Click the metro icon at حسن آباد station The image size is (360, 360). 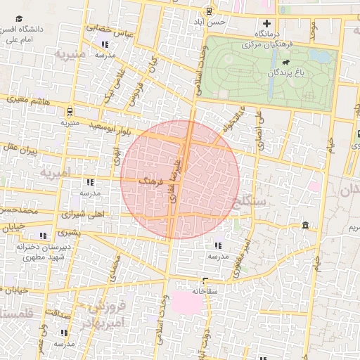[207, 11]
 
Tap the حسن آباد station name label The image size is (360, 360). [212, 22]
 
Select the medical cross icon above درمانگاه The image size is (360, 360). [266, 23]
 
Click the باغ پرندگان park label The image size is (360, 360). [286, 72]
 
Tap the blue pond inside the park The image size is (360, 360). [320, 54]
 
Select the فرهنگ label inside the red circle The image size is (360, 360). [151, 181]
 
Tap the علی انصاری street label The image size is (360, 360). [259, 125]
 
